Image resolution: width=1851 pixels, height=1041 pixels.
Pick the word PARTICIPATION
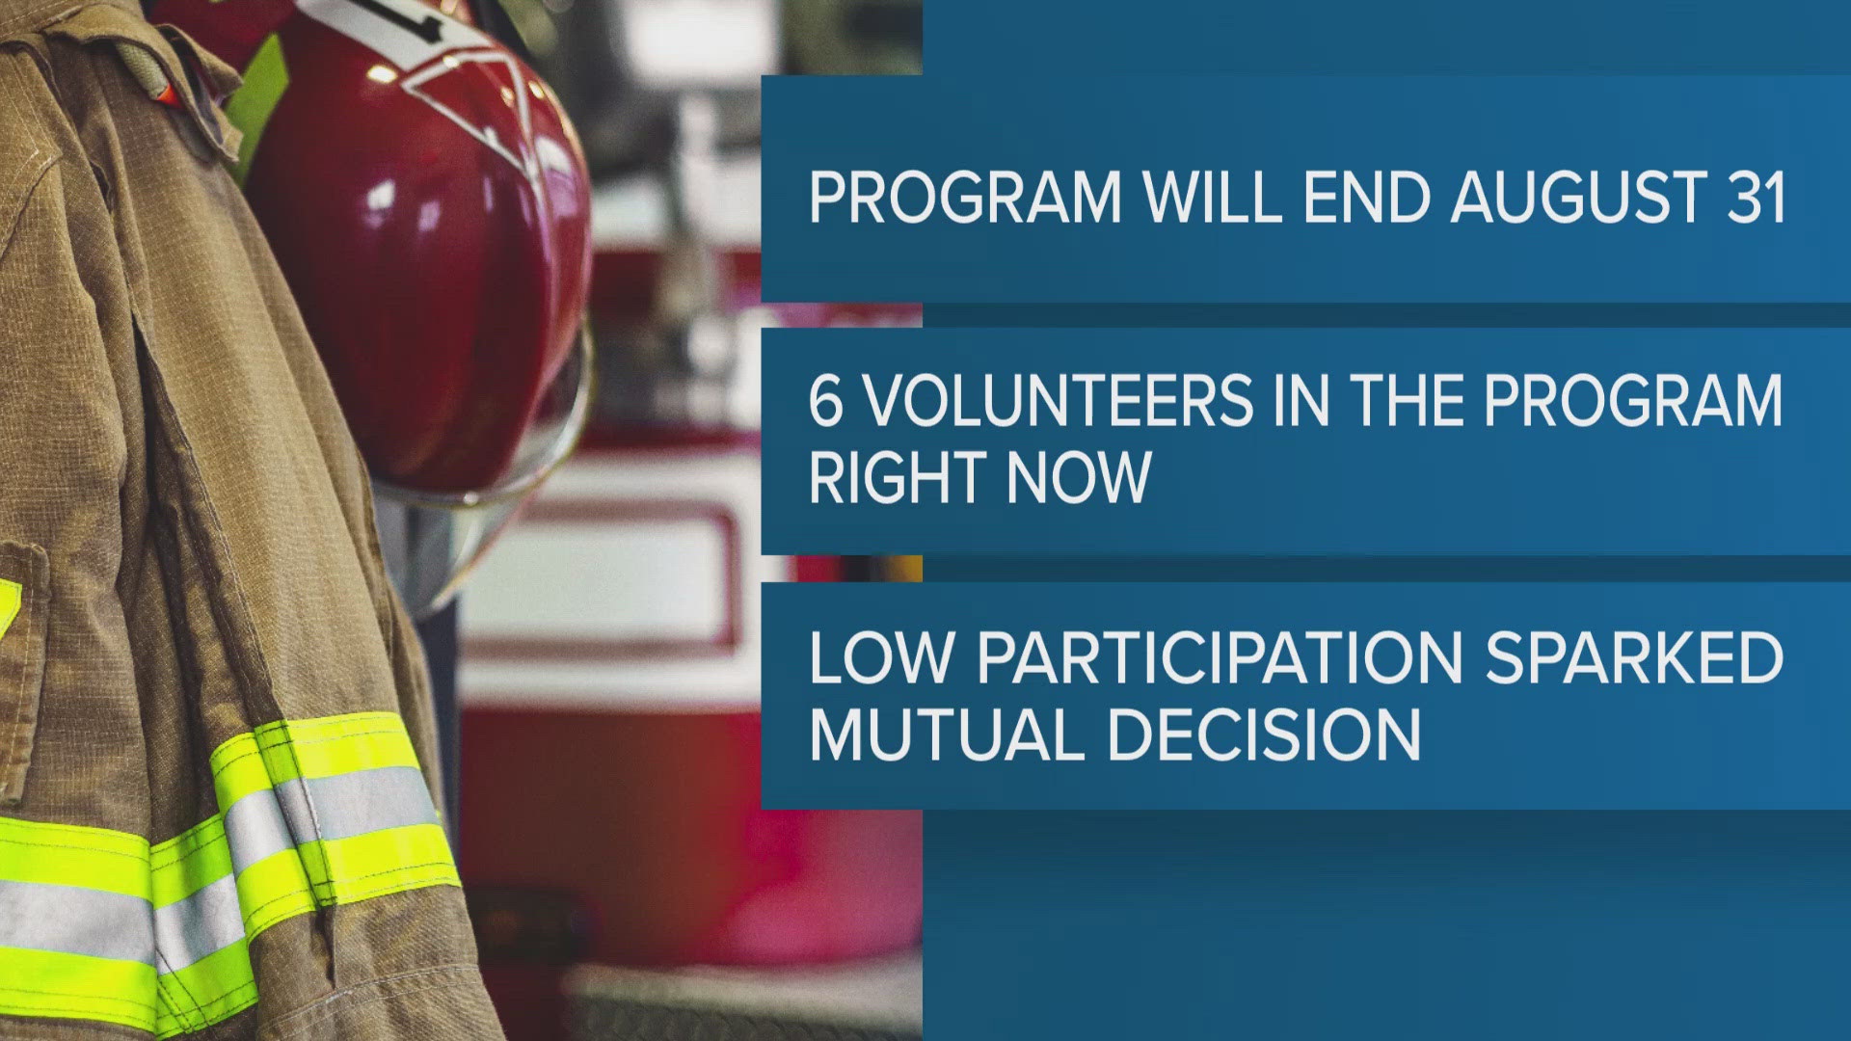(1220, 657)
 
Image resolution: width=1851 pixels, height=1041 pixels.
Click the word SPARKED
(1634, 657)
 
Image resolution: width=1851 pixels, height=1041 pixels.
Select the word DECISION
(1264, 734)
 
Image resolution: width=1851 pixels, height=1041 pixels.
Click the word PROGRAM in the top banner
(966, 198)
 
